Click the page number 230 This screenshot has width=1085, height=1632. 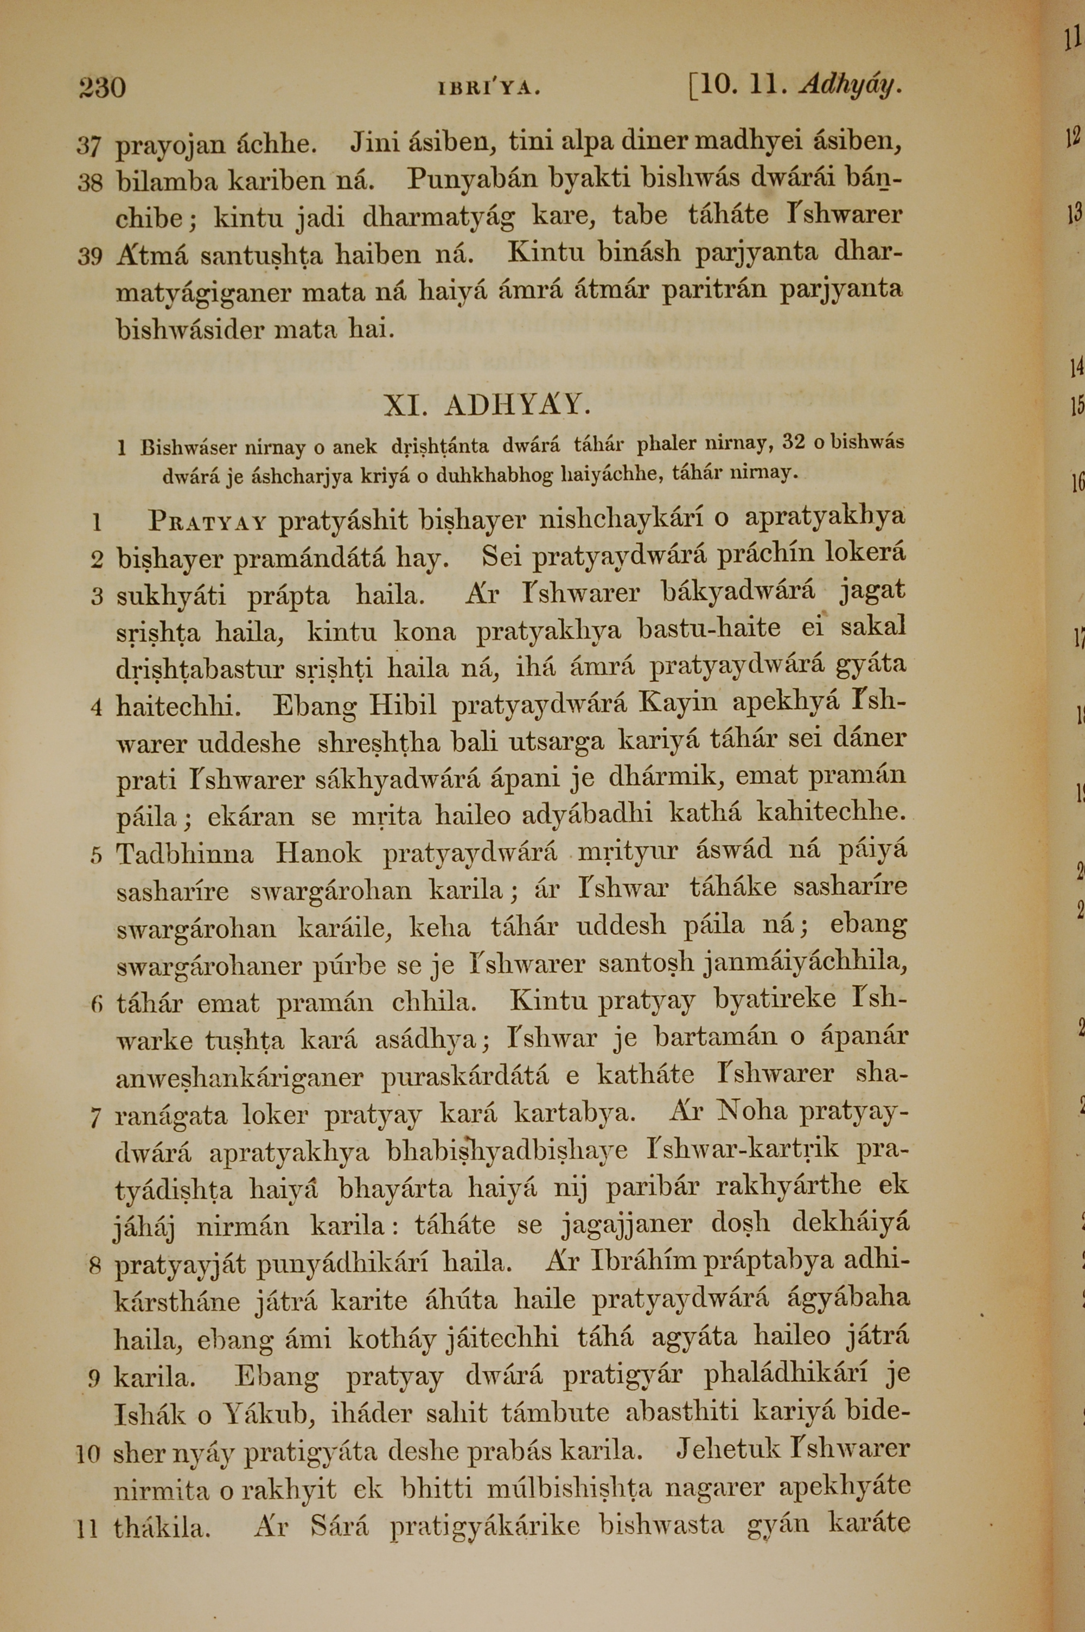click(102, 88)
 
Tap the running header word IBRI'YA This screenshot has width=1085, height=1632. click(489, 88)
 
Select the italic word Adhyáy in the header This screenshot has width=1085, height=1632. click(850, 86)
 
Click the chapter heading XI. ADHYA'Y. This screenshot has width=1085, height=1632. click(487, 405)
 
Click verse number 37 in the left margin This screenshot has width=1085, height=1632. click(90, 146)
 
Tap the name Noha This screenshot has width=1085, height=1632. click(753, 1112)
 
